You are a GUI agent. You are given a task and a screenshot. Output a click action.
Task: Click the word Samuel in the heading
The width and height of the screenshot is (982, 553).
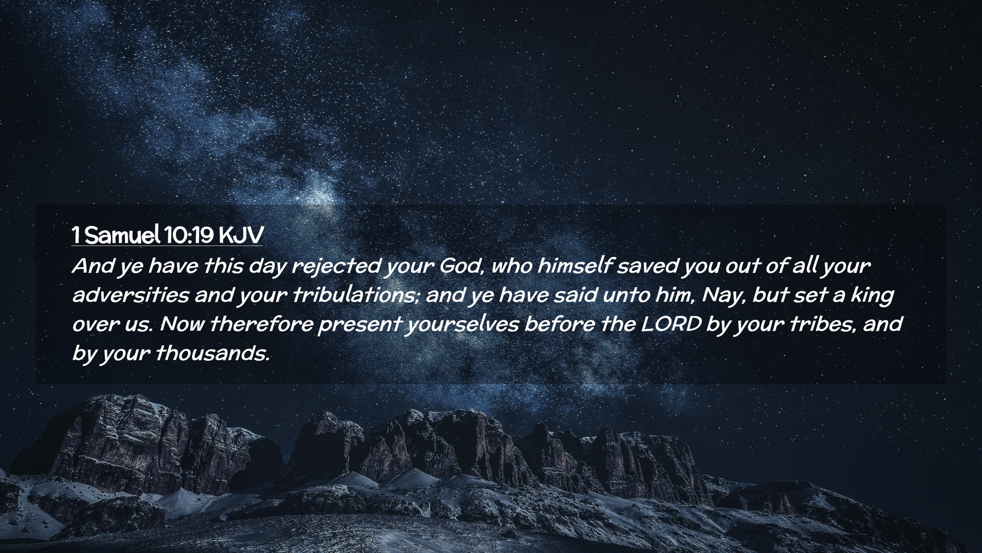pyautogui.click(x=122, y=236)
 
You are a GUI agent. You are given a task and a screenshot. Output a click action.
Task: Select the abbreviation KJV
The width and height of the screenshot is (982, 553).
pyautogui.click(x=240, y=236)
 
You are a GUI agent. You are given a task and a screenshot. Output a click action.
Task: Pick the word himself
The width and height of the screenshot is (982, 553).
pyautogui.click(x=574, y=266)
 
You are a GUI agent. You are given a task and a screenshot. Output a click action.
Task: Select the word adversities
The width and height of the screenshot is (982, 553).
pyautogui.click(x=130, y=295)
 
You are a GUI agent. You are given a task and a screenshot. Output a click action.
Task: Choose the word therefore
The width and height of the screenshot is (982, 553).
pyautogui.click(x=261, y=325)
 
